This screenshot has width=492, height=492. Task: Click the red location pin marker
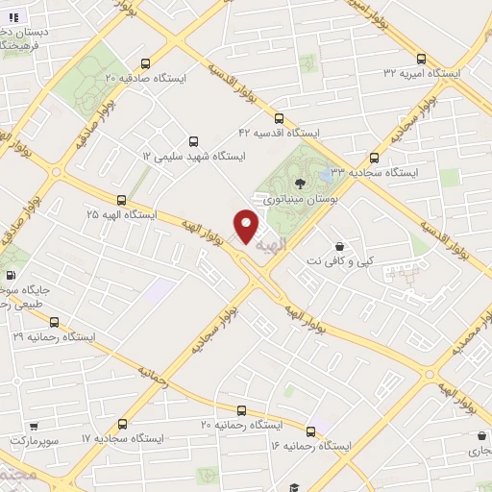pyautogui.click(x=247, y=225)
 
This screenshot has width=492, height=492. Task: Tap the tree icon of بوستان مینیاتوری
pyautogui.click(x=300, y=182)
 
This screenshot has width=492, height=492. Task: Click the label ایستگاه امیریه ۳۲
pyautogui.click(x=422, y=73)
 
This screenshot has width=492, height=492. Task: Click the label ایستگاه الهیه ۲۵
pyautogui.click(x=122, y=214)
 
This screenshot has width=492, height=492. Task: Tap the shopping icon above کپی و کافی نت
pyautogui.click(x=338, y=245)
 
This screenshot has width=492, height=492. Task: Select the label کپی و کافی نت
pyautogui.click(x=337, y=260)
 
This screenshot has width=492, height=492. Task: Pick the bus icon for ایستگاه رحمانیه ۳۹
pyautogui.click(x=54, y=323)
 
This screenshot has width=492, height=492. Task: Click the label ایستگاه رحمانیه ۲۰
pyautogui.click(x=240, y=424)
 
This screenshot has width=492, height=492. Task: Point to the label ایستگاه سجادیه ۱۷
pyautogui.click(x=123, y=437)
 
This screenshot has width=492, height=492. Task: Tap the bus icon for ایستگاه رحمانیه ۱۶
pyautogui.click(x=309, y=431)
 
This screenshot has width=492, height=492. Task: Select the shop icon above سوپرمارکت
pyautogui.click(x=34, y=424)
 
